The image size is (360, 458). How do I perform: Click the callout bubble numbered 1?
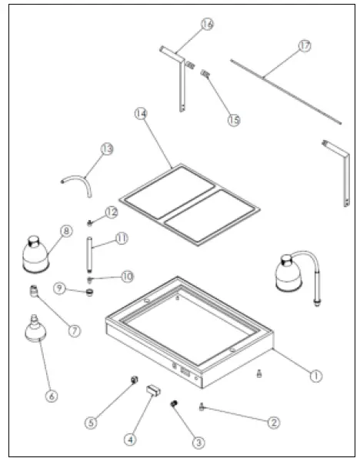(315, 376)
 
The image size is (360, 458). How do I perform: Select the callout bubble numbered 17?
(305, 47)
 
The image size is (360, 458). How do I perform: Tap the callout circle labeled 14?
(140, 113)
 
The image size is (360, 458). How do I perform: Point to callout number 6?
(51, 396)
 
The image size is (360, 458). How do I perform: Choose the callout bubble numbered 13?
(106, 148)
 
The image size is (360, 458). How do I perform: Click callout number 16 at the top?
(206, 25)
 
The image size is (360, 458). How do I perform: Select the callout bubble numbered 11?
(122, 238)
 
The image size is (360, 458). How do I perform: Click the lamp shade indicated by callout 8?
(34, 251)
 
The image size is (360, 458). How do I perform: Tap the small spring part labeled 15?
(205, 74)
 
